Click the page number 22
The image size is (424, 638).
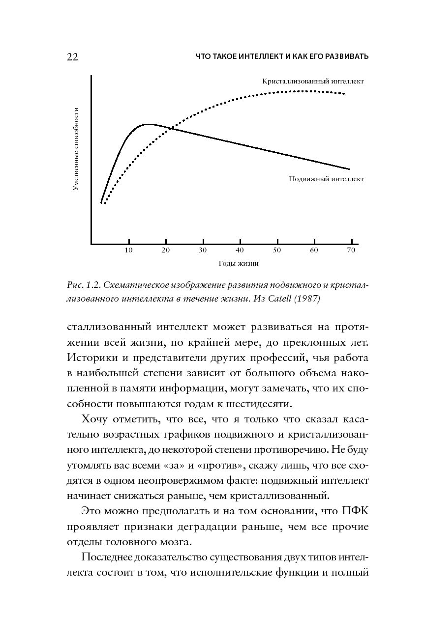coord(72,57)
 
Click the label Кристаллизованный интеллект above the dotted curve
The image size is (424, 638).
coord(313,81)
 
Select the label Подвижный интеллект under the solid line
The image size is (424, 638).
coord(326,179)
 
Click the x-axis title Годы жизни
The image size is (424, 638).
coord(239,263)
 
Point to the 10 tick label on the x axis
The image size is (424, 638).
coord(128,250)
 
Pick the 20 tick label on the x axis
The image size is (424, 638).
coord(165,250)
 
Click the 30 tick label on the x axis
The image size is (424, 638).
coord(203,250)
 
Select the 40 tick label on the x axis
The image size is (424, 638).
coord(240,250)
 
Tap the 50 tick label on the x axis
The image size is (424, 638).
coord(277,250)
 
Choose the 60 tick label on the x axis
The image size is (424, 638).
coord(314,250)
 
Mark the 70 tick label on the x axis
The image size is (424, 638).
coord(351,250)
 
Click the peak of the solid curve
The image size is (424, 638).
coord(148,124)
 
